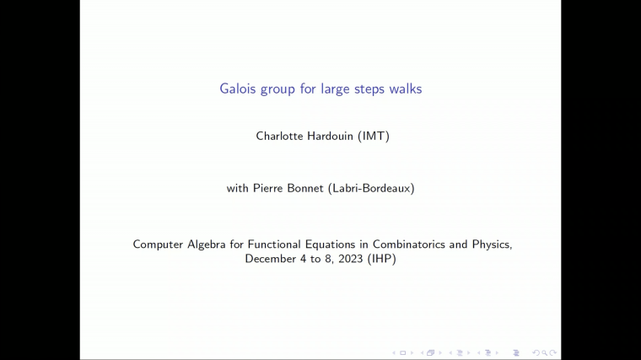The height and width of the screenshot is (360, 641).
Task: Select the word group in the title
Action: coord(279,89)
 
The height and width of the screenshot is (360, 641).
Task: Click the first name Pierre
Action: coord(269,188)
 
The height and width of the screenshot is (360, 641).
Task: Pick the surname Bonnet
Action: coord(305,188)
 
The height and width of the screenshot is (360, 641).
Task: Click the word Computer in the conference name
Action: coord(158,244)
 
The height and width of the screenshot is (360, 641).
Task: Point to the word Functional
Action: coord(276,244)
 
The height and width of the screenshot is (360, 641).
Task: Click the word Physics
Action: coord(492,244)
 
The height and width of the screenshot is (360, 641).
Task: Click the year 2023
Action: coord(350,259)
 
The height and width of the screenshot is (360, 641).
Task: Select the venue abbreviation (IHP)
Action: coord(382,259)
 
